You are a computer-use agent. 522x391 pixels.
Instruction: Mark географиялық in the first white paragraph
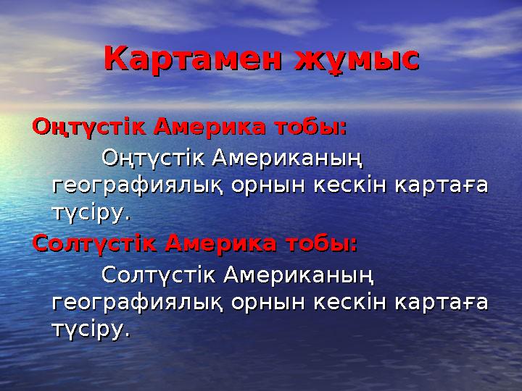(x=138, y=185)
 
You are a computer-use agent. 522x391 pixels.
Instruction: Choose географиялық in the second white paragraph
(x=138, y=303)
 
